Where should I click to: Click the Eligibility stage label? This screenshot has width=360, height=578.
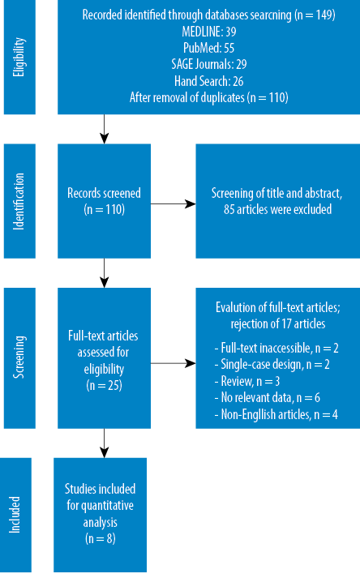[19, 57]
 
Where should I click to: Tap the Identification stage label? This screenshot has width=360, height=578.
[19, 201]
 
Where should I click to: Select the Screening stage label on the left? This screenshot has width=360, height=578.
[19, 357]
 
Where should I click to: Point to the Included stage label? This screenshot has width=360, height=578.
[15, 515]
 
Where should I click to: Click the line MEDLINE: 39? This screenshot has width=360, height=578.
[208, 32]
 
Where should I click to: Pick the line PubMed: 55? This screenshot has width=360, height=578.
[208, 48]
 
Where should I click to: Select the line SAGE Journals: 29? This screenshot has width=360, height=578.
[208, 65]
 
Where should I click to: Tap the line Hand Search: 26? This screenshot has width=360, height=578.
[208, 81]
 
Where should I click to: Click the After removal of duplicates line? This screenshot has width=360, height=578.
[208, 98]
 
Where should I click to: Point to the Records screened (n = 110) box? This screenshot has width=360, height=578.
[104, 201]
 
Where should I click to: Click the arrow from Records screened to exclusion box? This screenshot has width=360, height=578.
[173, 203]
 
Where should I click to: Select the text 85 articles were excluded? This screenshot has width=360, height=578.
[277, 209]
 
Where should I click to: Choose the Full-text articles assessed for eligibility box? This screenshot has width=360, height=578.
[104, 358]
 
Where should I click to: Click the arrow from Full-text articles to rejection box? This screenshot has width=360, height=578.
[173, 363]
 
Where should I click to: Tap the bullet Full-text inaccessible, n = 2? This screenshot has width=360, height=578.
[276, 348]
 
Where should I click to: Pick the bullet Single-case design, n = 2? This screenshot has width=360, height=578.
[272, 365]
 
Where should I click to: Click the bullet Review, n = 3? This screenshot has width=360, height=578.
[247, 381]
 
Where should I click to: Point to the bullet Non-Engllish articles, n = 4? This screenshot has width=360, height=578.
[276, 415]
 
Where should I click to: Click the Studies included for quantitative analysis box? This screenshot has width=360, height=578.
[100, 515]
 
